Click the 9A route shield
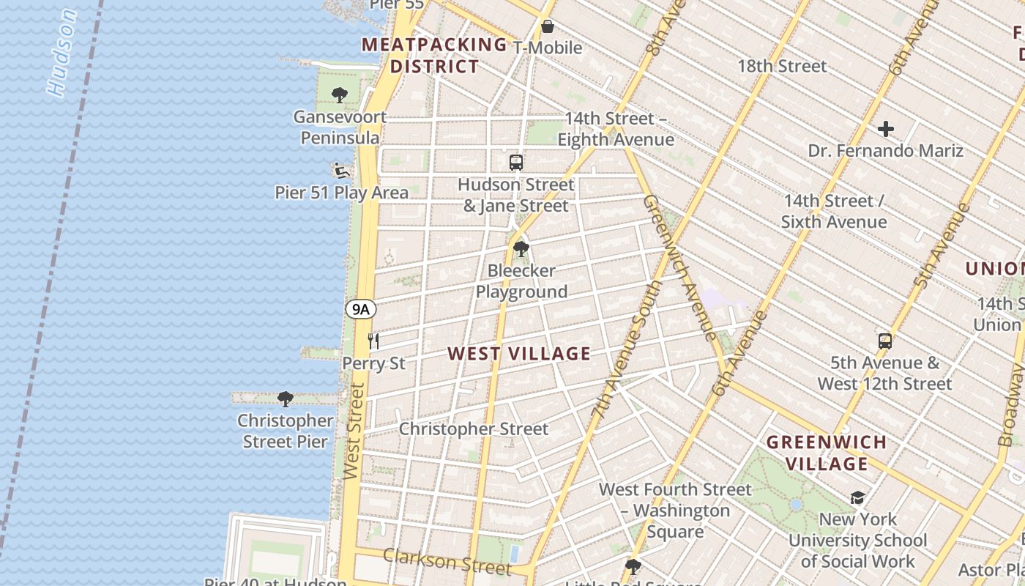(360, 309)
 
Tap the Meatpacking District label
(435, 56)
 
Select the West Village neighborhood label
(519, 354)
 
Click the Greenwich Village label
(827, 453)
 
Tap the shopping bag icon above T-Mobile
(547, 27)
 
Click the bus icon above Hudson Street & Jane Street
(516, 163)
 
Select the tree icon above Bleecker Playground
(521, 249)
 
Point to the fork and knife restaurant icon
(373, 340)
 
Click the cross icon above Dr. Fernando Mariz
(886, 130)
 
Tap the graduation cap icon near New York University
(857, 498)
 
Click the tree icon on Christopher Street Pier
(286, 399)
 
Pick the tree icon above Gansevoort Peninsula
(339, 95)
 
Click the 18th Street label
(782, 66)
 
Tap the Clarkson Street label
(447, 562)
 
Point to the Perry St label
(373, 364)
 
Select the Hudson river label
(61, 53)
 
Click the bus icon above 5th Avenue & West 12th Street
(885, 341)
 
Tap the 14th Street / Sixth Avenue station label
(834, 211)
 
